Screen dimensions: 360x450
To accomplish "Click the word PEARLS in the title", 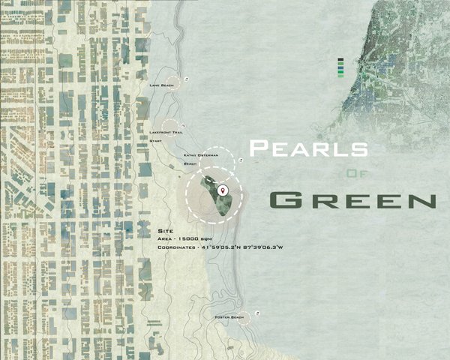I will (x=308, y=147).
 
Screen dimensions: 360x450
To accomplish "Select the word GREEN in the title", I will (x=352, y=200).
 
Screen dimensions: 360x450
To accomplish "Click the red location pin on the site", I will (x=222, y=190).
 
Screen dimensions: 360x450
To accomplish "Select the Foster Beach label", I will (x=228, y=318).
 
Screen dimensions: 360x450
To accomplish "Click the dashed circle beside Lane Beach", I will (x=174, y=85).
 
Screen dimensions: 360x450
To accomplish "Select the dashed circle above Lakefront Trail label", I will (x=172, y=127).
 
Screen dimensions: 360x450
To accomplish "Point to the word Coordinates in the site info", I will (x=178, y=247).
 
